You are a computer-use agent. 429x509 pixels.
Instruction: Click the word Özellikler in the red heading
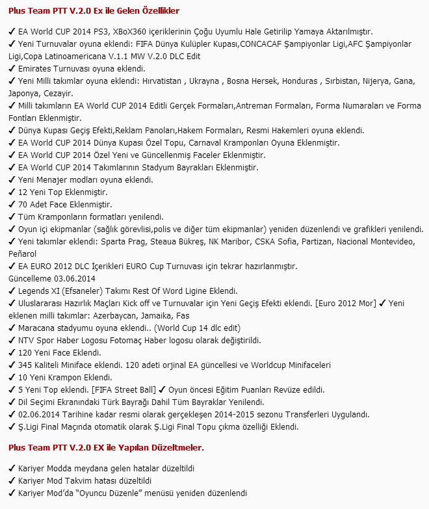point(159,11)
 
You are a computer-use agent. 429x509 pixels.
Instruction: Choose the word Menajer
point(57,180)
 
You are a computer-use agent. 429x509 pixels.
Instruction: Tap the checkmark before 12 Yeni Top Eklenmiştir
point(12,192)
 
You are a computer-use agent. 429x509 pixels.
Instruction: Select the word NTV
point(27,341)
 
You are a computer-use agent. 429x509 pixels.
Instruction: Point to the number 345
point(26,365)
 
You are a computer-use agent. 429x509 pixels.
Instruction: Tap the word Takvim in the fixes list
point(94,481)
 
